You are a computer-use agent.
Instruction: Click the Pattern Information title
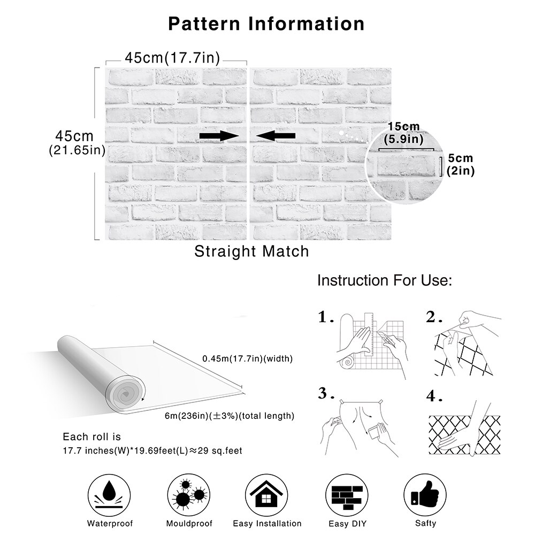click(x=266, y=24)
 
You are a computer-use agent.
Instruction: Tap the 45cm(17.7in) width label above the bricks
click(x=172, y=57)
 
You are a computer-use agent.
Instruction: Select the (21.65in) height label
click(x=77, y=150)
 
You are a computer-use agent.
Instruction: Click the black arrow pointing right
click(x=218, y=136)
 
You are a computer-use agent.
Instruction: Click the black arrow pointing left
click(x=276, y=136)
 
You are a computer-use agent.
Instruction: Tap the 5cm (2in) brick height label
click(x=461, y=165)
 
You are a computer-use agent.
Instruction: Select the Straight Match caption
click(x=251, y=251)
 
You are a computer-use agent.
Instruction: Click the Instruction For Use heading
click(x=385, y=280)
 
